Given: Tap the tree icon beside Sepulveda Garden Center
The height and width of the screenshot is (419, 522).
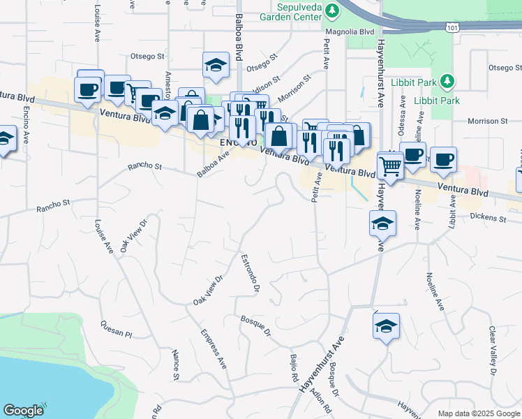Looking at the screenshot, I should (x=333, y=10).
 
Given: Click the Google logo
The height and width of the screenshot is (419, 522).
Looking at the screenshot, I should (x=23, y=411).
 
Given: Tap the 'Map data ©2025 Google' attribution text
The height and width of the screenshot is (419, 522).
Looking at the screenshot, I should (x=478, y=413).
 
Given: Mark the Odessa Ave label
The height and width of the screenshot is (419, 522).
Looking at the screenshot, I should (x=403, y=111).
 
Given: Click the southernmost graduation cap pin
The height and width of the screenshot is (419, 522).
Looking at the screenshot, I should (x=386, y=327).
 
